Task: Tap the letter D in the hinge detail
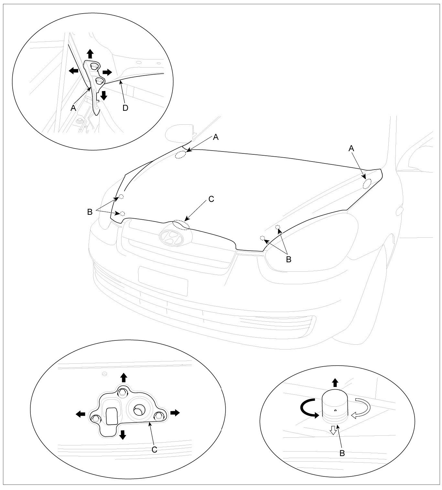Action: pyautogui.click(x=125, y=108)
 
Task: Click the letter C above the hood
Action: pyautogui.click(x=211, y=199)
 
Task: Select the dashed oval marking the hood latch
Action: pyautogui.click(x=181, y=225)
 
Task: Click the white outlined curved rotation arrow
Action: pyautogui.click(x=360, y=408)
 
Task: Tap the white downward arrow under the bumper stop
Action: pyautogui.click(x=333, y=429)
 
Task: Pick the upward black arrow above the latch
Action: pyautogui.click(x=123, y=377)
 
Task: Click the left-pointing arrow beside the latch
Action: pyautogui.click(x=80, y=414)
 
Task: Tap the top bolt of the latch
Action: pyautogui.click(x=122, y=392)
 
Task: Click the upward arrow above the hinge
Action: pyautogui.click(x=90, y=53)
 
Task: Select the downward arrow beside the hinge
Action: pyautogui.click(x=104, y=95)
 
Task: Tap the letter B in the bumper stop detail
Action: pyautogui.click(x=342, y=453)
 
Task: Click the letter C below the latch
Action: pyautogui.click(x=154, y=449)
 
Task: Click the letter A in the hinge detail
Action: pyautogui.click(x=73, y=108)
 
